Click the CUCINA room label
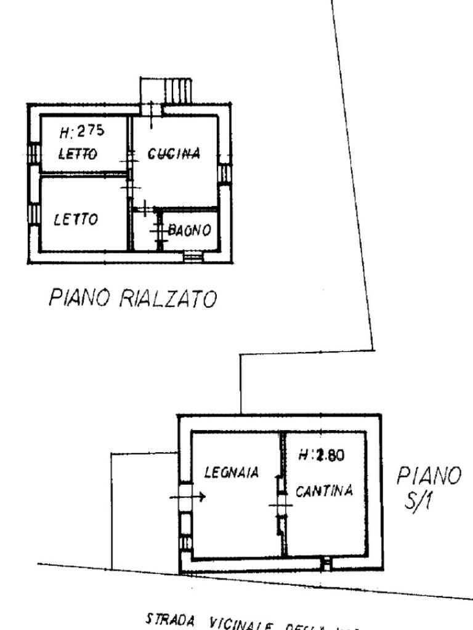(174, 153)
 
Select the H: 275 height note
(82, 131)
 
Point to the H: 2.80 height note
(321, 456)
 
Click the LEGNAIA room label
(232, 473)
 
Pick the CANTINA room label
(324, 491)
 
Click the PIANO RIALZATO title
(132, 299)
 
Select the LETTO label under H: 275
(78, 154)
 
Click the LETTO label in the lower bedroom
(75, 219)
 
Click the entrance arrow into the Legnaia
(188, 496)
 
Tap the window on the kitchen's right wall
(225, 173)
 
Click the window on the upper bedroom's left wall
(34, 153)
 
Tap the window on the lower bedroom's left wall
(34, 215)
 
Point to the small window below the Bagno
(193, 258)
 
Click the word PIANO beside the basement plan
(429, 476)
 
